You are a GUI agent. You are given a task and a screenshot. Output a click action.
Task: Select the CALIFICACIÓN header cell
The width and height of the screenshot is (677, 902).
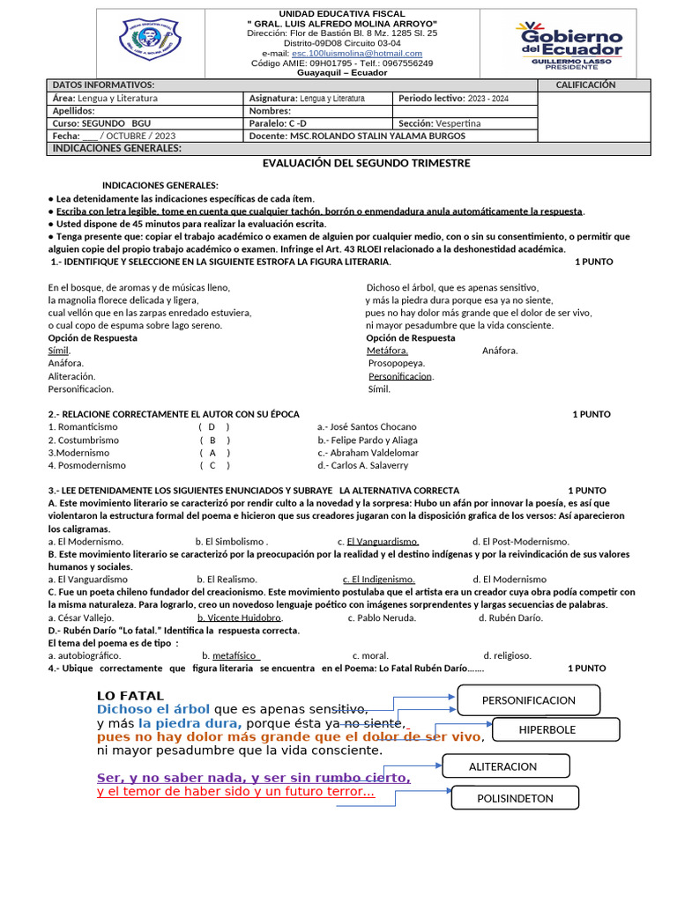pyautogui.click(x=585, y=85)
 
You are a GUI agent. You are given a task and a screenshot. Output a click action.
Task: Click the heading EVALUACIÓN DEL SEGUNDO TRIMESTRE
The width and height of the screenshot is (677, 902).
pyautogui.click(x=366, y=163)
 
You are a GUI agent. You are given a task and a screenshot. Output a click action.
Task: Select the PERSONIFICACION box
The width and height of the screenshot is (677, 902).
pyautogui.click(x=528, y=700)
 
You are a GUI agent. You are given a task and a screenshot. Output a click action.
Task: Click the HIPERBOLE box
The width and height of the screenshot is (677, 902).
pyautogui.click(x=547, y=729)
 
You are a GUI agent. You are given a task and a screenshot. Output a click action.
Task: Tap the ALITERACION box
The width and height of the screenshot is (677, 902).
pyautogui.click(x=502, y=767)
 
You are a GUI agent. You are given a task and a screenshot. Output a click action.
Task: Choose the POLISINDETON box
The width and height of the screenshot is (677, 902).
pyautogui.click(x=515, y=798)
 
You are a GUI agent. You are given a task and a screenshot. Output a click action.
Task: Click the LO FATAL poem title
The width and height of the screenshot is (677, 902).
pyautogui.click(x=130, y=696)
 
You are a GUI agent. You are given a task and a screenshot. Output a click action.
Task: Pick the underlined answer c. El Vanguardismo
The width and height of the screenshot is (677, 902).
pyautogui.click(x=382, y=541)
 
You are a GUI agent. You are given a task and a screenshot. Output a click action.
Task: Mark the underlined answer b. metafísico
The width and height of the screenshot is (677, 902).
pyautogui.click(x=230, y=655)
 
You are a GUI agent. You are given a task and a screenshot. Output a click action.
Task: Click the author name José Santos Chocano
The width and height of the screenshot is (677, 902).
pyautogui.click(x=367, y=426)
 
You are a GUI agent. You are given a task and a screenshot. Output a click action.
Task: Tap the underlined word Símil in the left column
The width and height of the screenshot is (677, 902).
pyautogui.click(x=58, y=351)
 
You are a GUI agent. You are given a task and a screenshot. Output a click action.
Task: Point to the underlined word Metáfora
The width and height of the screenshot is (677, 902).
pyautogui.click(x=387, y=351)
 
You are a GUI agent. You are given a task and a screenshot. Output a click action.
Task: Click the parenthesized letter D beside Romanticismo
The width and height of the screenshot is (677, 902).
pyautogui.click(x=212, y=426)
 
